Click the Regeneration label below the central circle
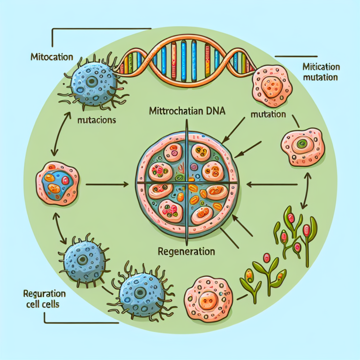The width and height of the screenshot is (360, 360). pyautogui.click(x=187, y=251)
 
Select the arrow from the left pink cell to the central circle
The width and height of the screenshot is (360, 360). pyautogui.click(x=107, y=184)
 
